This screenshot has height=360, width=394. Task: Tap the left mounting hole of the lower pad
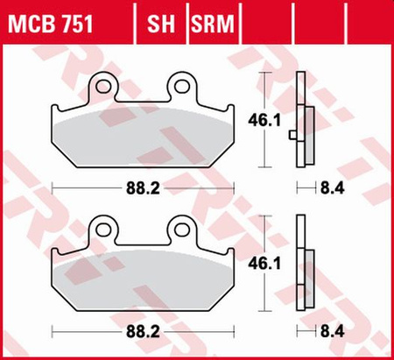point(105,229)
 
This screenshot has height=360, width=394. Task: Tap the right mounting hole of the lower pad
point(182,229)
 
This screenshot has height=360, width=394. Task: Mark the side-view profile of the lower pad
point(304,267)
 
